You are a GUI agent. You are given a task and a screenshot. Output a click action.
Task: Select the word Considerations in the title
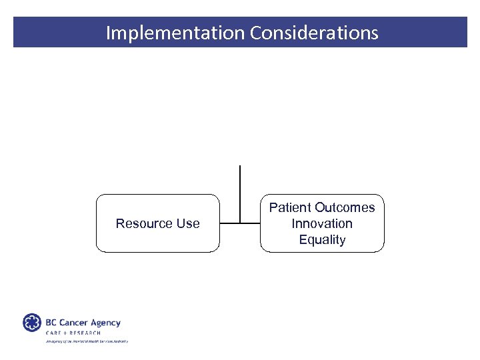tap(314, 33)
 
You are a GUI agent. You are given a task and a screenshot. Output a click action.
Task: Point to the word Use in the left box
tap(187, 223)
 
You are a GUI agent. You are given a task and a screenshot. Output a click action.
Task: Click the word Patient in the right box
tap(290, 207)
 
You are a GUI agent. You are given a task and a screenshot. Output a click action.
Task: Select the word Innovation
tap(322, 223)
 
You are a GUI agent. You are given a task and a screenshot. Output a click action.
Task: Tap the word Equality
tap(322, 240)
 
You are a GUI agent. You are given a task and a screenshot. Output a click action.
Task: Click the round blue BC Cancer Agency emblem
tap(32, 323)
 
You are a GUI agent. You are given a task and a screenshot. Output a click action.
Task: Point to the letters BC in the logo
tap(51, 323)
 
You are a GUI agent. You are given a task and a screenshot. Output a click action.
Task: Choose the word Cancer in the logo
tap(75, 323)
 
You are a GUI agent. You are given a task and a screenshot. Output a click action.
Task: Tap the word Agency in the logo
tap(106, 323)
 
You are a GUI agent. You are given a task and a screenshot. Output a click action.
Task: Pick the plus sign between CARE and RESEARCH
tap(66, 333)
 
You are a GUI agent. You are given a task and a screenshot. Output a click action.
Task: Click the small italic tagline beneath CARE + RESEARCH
tap(87, 341)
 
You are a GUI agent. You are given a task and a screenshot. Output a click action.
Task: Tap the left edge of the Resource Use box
tap(96, 223)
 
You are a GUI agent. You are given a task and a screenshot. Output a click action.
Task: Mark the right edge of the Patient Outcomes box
tap(384, 223)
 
